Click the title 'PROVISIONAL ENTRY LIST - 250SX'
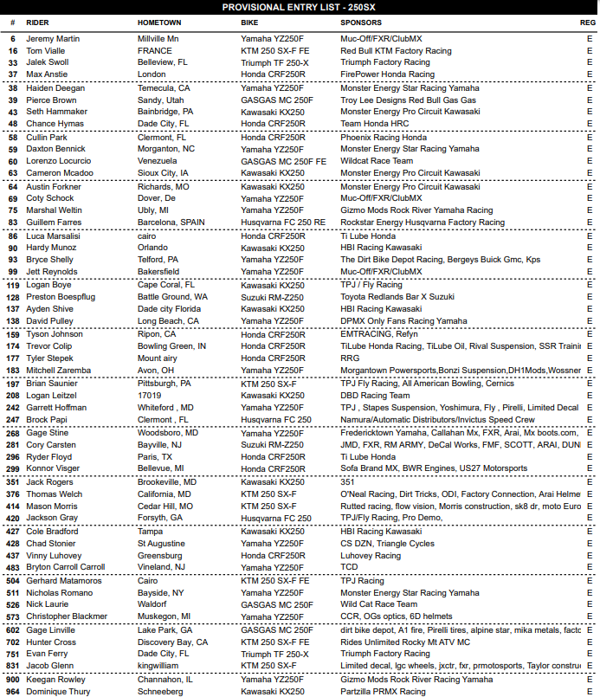tap(299, 6)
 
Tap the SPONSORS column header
tap(364, 23)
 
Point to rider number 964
tap(13, 692)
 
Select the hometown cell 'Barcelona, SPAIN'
tap(171, 223)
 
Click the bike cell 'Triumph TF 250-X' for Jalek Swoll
tap(274, 63)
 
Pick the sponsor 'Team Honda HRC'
tap(372, 125)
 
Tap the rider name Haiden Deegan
tap(55, 88)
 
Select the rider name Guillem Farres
tap(54, 223)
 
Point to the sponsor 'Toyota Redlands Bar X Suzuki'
tap(397, 296)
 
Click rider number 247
tap(13, 419)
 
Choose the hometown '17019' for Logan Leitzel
tap(150, 395)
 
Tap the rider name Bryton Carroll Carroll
tap(65, 568)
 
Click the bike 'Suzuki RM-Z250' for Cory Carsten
tap(272, 444)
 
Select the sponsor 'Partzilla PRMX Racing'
tap(383, 692)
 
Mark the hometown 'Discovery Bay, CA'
tap(173, 642)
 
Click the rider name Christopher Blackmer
tap(66, 616)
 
